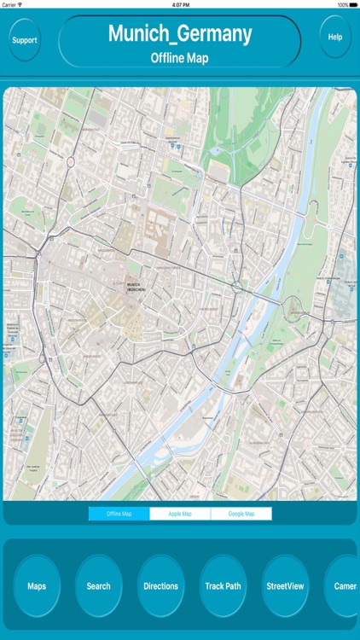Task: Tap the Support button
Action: [24, 40]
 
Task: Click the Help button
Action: [335, 37]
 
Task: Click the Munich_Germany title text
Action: [179, 34]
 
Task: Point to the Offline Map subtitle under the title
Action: [179, 58]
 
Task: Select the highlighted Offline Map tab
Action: [119, 514]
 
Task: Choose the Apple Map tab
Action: [180, 514]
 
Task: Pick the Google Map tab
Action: [241, 514]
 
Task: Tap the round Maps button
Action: [37, 586]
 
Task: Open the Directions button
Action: [160, 586]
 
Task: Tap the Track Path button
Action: [223, 586]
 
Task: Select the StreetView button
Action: [285, 586]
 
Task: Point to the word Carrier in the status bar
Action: [10, 4]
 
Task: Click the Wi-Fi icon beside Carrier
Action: [26, 4]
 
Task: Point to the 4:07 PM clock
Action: [180, 4]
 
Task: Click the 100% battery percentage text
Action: [341, 4]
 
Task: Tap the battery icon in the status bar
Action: [353, 4]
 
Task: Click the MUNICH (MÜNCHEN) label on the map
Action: [134, 288]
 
